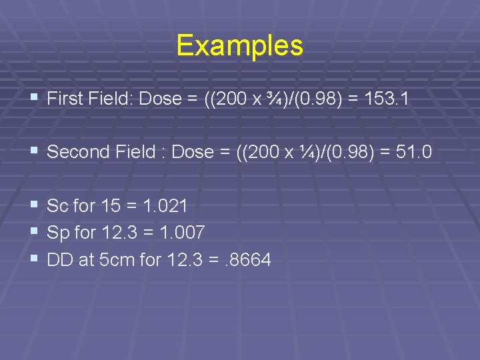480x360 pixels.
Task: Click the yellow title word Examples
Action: [x=240, y=46]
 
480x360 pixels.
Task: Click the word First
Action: [x=65, y=99]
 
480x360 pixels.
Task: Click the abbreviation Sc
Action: [x=57, y=207]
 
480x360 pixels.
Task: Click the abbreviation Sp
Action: [x=57, y=233]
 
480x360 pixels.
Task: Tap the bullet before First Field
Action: [x=33, y=99]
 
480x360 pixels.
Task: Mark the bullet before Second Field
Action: [x=33, y=152]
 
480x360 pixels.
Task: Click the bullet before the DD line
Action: [x=33, y=259]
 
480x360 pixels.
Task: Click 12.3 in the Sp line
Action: [x=120, y=233]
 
